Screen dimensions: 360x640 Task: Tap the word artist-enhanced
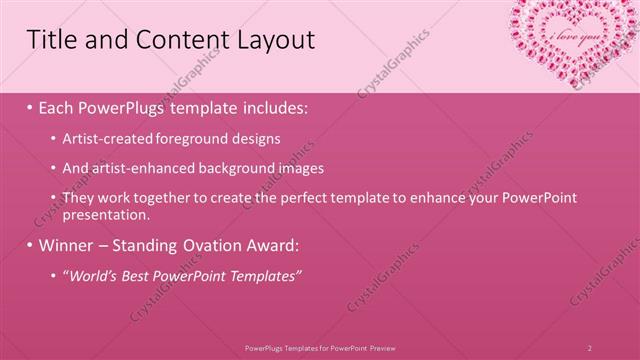coord(136,169)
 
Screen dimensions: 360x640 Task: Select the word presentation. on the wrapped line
coord(106,213)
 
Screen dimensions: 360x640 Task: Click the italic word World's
coord(91,275)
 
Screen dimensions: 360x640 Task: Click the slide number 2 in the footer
coord(590,347)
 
